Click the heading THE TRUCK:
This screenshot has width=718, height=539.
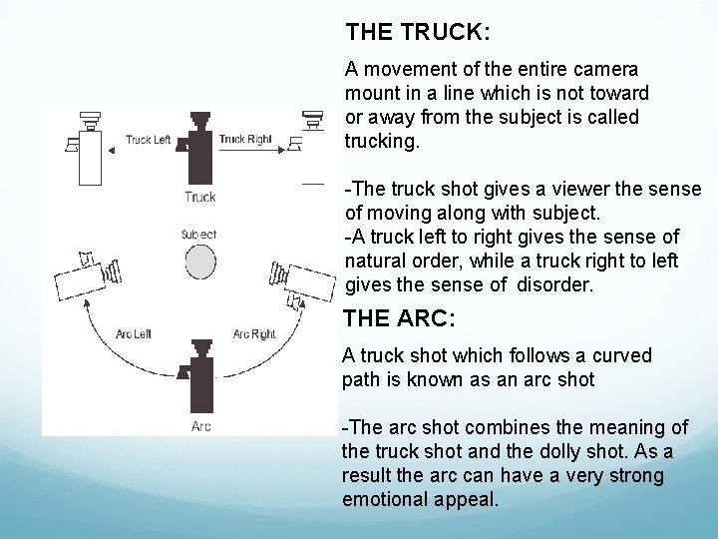tap(417, 32)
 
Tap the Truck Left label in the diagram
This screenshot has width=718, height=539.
tap(148, 140)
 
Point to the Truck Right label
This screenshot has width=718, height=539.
tap(244, 140)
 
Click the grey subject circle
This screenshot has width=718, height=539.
tap(199, 264)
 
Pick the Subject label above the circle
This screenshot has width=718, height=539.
tap(199, 235)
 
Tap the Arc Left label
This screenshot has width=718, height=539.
tap(135, 333)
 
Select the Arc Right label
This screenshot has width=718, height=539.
tap(253, 333)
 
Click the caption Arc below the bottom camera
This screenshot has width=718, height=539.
tap(200, 427)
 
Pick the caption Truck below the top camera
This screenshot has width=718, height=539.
tap(200, 197)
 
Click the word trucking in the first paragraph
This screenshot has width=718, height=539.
tap(382, 141)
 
